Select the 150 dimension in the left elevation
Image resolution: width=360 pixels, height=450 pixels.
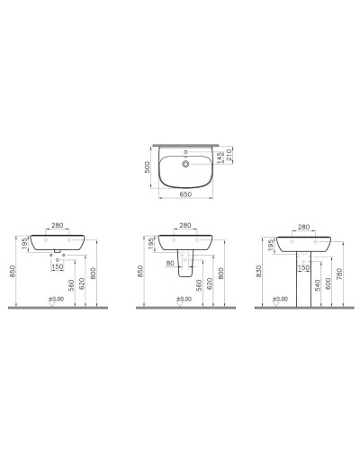coord(57,266)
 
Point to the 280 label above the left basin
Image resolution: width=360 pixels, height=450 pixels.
coord(57,226)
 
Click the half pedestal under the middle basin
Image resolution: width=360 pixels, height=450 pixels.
coord(185,266)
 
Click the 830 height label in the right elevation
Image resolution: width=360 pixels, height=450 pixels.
coord(259,271)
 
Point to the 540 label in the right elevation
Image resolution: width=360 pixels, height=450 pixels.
coord(317,287)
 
